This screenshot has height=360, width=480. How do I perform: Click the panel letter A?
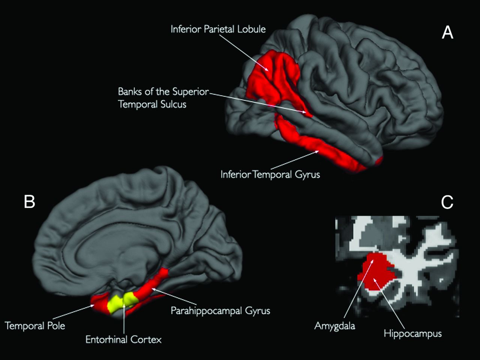click(447, 33)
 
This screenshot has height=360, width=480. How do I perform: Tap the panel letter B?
click(29, 201)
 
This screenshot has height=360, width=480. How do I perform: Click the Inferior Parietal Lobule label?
click(218, 29)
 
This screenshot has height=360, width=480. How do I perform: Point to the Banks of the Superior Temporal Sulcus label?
click(163, 97)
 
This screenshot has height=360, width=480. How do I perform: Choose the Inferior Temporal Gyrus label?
click(270, 174)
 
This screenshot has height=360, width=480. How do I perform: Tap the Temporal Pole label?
click(35, 325)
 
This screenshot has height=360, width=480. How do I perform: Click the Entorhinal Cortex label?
click(123, 340)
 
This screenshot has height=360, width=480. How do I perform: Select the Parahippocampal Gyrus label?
click(220, 311)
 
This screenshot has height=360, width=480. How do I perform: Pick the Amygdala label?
click(334, 326)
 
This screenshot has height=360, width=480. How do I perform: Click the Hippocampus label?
click(412, 333)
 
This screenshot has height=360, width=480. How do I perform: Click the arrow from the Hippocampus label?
click(390, 304)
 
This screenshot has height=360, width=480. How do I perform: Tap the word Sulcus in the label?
click(174, 104)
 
